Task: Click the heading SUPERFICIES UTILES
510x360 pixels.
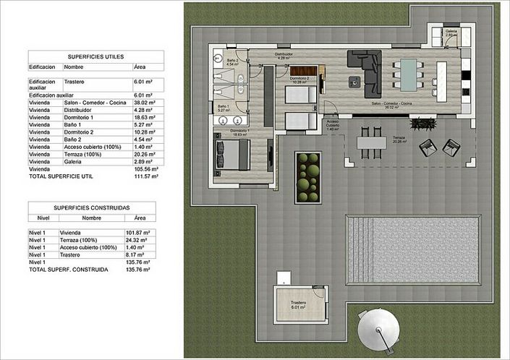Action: coord(95,56)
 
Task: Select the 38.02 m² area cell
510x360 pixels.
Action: coord(145,103)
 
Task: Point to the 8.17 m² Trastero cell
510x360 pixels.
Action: coord(136,254)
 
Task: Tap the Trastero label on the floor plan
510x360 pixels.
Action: coord(298,304)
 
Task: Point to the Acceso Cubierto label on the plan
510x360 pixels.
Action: coord(332,124)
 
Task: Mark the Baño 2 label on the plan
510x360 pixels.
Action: coord(231,62)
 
